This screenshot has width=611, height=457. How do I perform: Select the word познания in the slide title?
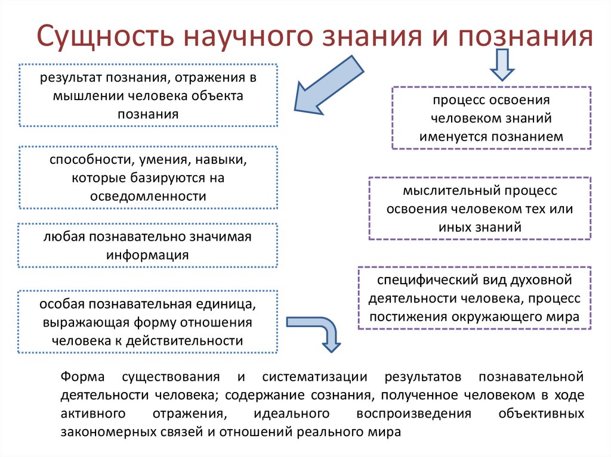click(524, 36)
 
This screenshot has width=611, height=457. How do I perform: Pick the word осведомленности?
click(148, 195)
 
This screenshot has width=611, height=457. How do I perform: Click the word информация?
click(148, 254)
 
